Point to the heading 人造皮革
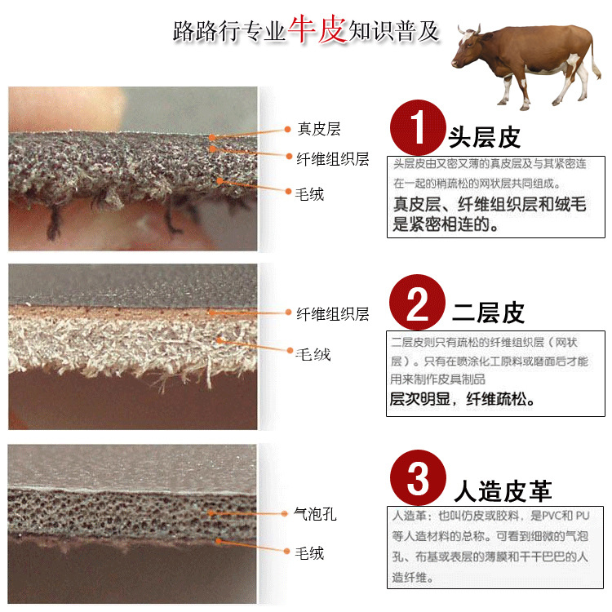point(503,490)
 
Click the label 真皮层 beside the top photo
point(318,129)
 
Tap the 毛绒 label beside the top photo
point(310,193)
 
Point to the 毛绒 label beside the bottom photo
point(309,553)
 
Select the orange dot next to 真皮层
point(287,129)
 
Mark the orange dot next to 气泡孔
point(286,513)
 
